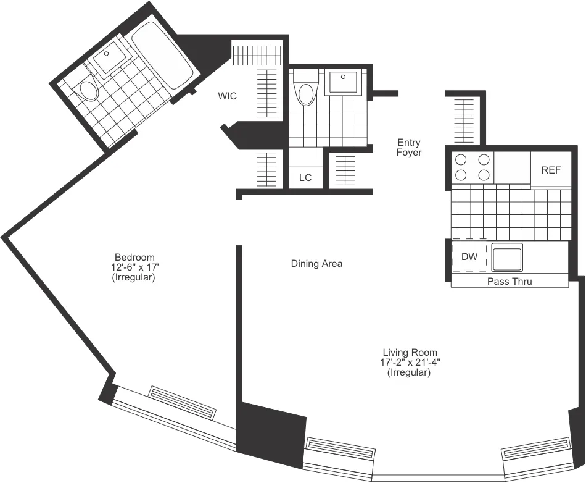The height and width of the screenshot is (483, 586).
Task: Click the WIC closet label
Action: point(227,96)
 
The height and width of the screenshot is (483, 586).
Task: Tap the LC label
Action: point(305,177)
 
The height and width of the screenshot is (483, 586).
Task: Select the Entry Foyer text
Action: point(409,148)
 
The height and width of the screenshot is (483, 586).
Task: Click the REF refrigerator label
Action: point(551,170)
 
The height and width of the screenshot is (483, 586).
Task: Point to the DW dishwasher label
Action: point(469,256)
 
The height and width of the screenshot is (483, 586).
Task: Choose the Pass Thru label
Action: point(510,282)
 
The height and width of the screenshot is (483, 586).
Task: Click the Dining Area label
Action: point(316,264)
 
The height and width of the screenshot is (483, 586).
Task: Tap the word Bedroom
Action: point(134,257)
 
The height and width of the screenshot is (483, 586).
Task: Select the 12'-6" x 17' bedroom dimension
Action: point(134,267)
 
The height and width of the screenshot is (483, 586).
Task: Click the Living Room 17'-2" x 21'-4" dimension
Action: point(410,363)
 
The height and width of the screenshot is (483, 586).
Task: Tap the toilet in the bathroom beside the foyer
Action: point(305,91)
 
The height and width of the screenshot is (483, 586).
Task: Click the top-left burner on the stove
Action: point(460,159)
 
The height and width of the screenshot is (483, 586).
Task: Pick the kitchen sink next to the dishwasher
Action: point(506,256)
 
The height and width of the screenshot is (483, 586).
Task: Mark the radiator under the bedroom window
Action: point(183,402)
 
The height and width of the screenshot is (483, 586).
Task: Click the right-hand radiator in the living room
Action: point(534,455)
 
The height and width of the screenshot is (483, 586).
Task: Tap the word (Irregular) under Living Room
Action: point(410,373)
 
